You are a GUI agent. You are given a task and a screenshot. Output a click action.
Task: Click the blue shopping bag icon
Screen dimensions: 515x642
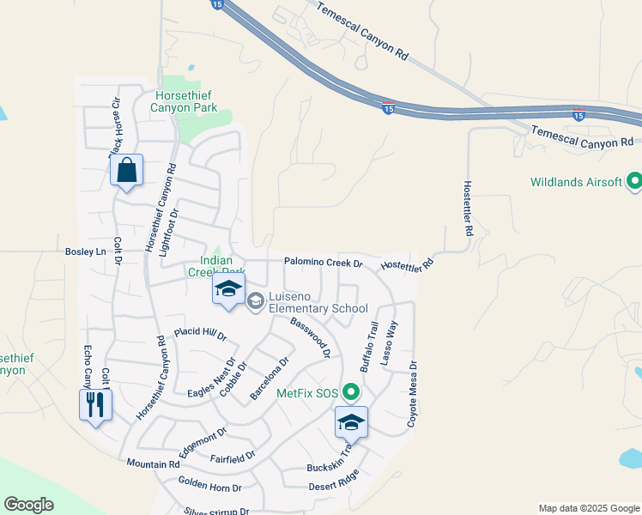(127, 171)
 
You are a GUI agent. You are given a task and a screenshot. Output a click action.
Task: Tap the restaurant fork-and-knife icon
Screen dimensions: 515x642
(95, 404)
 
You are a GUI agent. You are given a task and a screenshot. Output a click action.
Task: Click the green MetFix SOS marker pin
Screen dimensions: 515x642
(350, 393)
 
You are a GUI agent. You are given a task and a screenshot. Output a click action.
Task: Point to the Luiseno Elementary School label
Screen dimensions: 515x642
(318, 302)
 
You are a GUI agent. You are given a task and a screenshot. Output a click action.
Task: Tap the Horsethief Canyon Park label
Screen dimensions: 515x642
(184, 101)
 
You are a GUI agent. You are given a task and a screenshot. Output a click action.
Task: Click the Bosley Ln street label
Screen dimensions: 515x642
(85, 251)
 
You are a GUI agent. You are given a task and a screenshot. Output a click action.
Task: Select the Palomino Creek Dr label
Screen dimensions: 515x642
(324, 263)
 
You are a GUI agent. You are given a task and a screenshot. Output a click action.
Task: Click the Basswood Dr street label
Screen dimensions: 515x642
(310, 336)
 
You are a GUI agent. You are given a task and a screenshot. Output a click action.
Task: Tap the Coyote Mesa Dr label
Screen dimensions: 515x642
(412, 394)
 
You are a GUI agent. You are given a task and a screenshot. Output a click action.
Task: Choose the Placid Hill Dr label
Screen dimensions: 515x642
(199, 333)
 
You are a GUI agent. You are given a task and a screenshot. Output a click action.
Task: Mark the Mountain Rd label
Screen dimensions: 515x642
(153, 463)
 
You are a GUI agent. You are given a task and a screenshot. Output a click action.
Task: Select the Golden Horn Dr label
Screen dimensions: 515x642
(209, 484)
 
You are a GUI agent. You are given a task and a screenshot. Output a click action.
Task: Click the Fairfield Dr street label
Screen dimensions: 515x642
(233, 455)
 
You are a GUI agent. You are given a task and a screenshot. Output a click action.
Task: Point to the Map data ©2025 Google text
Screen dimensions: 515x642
(588, 508)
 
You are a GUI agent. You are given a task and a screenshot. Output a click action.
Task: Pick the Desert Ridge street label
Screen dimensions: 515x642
(334, 482)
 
